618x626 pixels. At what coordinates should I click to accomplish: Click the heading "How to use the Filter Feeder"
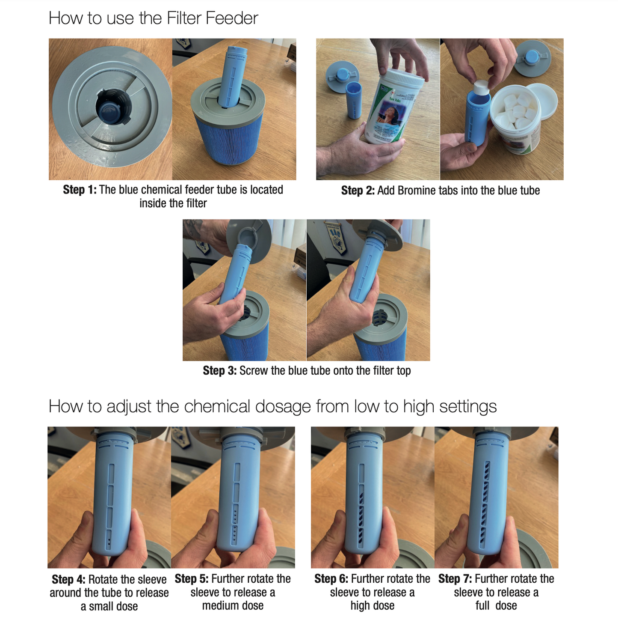(153, 18)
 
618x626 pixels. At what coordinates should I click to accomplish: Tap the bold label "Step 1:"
(80, 190)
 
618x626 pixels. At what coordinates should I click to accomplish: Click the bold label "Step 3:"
(220, 371)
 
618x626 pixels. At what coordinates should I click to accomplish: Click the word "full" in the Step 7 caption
(482, 605)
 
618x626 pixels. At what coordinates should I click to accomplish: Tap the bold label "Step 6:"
(331, 578)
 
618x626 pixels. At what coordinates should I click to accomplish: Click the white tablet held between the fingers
(481, 88)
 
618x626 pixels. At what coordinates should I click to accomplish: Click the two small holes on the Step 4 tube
(109, 542)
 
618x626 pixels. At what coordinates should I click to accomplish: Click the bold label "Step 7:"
(455, 578)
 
